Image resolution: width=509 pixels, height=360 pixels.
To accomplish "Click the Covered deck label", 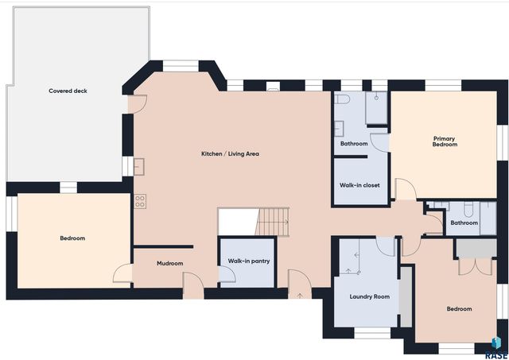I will click(x=68, y=91).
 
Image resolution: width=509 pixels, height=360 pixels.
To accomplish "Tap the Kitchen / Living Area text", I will click(x=230, y=153).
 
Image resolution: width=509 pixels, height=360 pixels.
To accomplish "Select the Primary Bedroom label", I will click(x=445, y=141).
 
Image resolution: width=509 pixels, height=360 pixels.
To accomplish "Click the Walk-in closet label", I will click(x=359, y=185).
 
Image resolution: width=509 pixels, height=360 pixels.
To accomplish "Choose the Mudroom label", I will click(x=170, y=263).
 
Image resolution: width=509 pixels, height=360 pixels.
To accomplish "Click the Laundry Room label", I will click(x=370, y=296).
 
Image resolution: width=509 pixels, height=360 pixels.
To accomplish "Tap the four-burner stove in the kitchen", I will click(x=140, y=201).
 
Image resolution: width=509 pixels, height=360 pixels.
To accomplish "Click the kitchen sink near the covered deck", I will click(x=138, y=166).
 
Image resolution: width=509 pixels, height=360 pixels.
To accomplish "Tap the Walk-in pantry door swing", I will click(x=227, y=275).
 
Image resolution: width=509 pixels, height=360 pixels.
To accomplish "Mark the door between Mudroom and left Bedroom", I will click(x=122, y=273).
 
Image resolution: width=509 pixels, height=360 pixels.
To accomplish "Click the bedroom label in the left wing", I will click(x=72, y=238).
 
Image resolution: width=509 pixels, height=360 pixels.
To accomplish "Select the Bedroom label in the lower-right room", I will click(x=459, y=308).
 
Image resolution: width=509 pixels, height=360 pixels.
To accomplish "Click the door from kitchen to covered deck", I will click(x=138, y=102).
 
